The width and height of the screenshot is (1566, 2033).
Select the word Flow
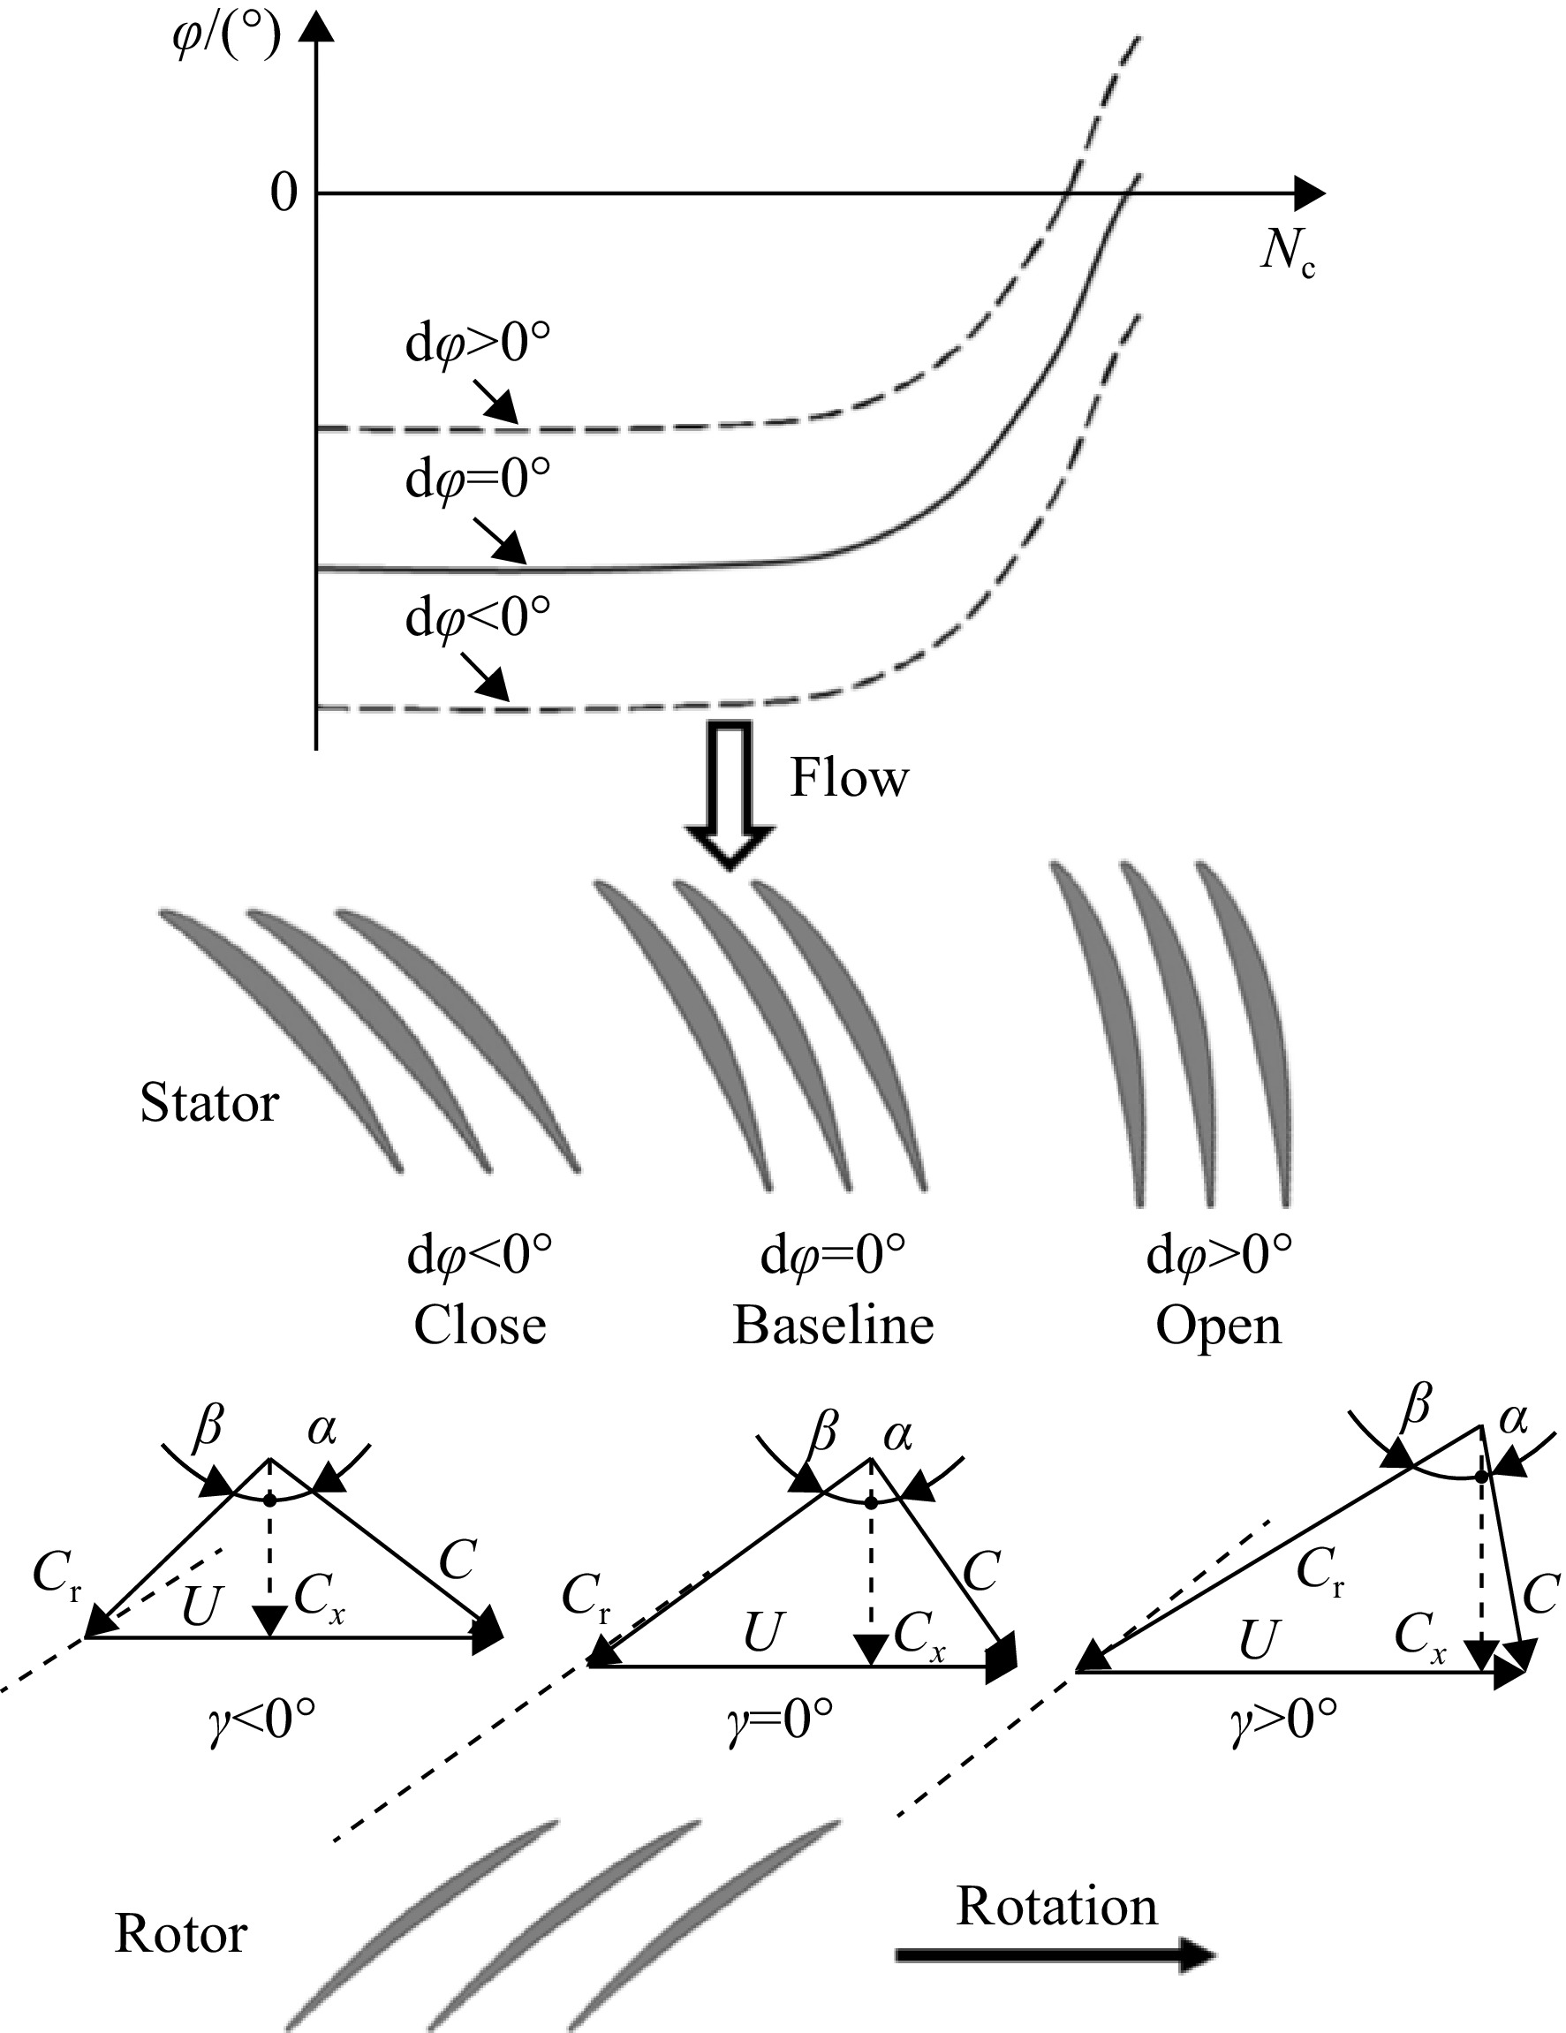[x=849, y=777]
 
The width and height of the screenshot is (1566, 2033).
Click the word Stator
[x=209, y=1103]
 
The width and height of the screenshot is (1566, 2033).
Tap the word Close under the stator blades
[x=480, y=1326]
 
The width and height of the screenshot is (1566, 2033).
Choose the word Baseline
[x=833, y=1326]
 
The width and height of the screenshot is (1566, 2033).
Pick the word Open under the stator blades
[x=1219, y=1327]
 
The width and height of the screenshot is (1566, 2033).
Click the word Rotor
[x=180, y=1934]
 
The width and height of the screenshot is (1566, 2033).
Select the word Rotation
[x=1056, y=1907]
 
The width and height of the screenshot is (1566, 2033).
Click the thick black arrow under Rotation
[x=1055, y=1954]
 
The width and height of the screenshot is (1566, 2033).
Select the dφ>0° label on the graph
[x=478, y=344]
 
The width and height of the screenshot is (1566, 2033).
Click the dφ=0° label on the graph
[x=478, y=480]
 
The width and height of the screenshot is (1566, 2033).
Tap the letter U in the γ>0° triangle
[x=1258, y=1640]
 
